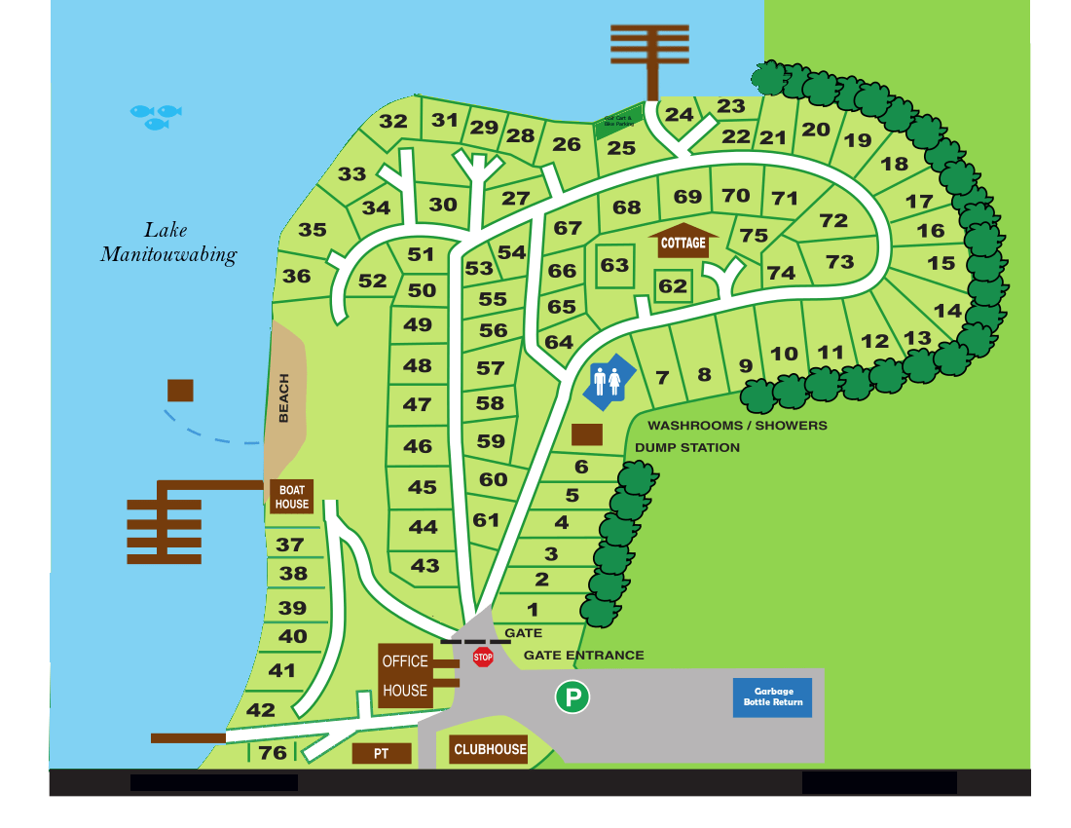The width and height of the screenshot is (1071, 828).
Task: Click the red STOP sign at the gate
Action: coord(483,658)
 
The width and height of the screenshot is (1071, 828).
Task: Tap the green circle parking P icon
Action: coord(572,696)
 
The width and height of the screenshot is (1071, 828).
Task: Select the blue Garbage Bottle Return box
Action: coord(772,697)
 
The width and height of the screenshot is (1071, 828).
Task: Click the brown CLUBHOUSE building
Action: coord(490,749)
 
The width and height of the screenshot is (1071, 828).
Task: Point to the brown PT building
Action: coord(381,754)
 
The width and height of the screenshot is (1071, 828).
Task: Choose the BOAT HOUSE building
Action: coord(291,497)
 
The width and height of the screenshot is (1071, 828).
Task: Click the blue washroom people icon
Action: coord(609,380)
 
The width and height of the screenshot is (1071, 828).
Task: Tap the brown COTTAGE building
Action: coord(683,243)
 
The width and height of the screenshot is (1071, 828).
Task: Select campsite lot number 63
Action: coord(614,265)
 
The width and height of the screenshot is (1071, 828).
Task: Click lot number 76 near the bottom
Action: coord(273,752)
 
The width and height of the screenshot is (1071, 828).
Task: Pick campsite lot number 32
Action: coord(393,122)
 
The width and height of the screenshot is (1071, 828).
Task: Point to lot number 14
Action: coord(947,311)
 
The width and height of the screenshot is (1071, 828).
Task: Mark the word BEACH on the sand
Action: coord(284,398)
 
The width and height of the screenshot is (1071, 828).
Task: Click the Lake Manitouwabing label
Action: coord(167,243)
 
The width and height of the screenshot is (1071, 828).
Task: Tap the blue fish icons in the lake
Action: coord(156,117)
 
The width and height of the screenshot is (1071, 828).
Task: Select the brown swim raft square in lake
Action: coord(180,391)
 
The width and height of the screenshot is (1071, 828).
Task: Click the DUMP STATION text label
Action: coord(687,448)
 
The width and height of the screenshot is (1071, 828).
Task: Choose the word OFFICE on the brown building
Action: coord(405,661)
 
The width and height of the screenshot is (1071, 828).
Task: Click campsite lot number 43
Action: coord(425,565)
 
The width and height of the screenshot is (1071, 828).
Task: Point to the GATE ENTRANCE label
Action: coord(584,656)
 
